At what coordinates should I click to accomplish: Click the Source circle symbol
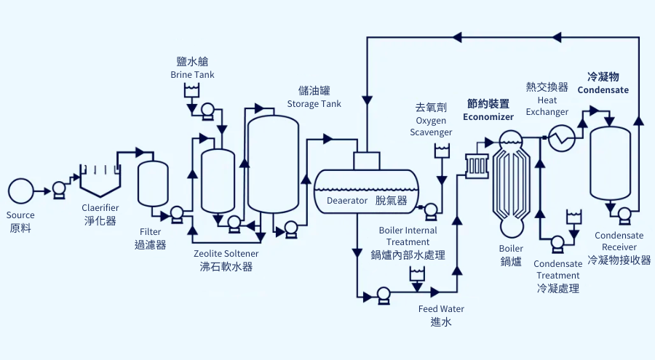pyautogui.click(x=20, y=191)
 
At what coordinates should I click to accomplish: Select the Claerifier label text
pyautogui.click(x=100, y=208)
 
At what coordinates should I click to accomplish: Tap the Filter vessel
pyautogui.click(x=153, y=184)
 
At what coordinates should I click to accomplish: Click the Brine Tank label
pyautogui.click(x=192, y=74)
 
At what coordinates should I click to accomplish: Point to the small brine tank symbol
pyautogui.click(x=192, y=91)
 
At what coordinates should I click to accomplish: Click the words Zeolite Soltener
pyautogui.click(x=226, y=254)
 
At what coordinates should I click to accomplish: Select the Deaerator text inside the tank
pyautogui.click(x=346, y=200)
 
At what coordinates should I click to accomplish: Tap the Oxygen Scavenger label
pyautogui.click(x=431, y=126)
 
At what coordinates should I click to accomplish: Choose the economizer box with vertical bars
pyautogui.click(x=477, y=166)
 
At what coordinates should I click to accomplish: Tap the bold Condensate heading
pyautogui.click(x=603, y=89)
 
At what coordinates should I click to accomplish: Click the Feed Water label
pyautogui.click(x=441, y=308)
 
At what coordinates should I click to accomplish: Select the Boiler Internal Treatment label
pyautogui.click(x=408, y=236)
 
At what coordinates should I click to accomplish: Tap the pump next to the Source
pyautogui.click(x=59, y=191)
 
